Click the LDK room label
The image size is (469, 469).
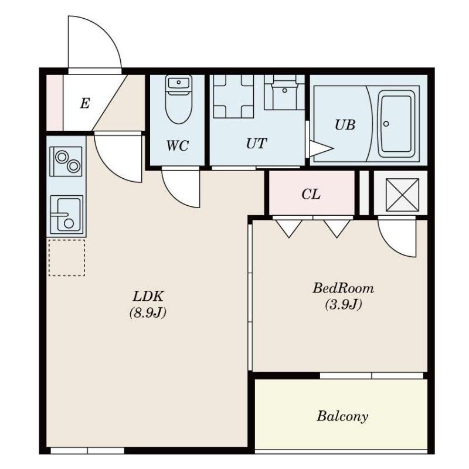coord(148,296)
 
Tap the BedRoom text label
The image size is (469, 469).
coord(344,288)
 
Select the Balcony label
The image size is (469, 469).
coord(342,416)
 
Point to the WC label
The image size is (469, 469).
coord(178,145)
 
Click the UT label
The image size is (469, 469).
coord(256,143)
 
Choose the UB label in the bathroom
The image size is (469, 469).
coord(345,125)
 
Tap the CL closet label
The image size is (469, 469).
coord(311,194)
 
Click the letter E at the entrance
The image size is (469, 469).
coord(85,104)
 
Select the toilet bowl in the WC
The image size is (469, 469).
coord(179,100)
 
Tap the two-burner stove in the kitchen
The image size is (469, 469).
coord(66,161)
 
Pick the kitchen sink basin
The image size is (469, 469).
coord(67,215)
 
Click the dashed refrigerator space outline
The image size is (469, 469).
coord(67,257)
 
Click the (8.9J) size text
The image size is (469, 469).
coord(148,313)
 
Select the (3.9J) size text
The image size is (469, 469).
coord(344,304)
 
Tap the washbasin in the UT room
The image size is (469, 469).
coord(284,93)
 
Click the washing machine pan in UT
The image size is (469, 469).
coord(233,96)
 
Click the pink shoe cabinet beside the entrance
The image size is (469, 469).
coord(55,103)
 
